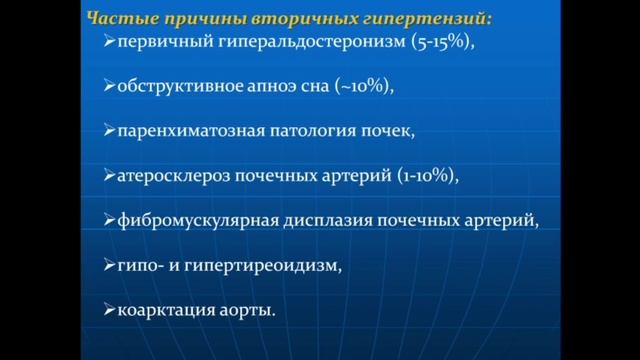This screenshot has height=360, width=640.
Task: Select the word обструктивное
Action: click(x=176, y=86)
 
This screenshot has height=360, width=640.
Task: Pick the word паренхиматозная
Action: click(x=184, y=131)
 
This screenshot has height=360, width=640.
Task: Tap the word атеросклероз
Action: click(x=170, y=176)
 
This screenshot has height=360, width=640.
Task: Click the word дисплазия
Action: click(x=314, y=221)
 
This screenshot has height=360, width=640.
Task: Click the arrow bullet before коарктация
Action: click(x=110, y=311)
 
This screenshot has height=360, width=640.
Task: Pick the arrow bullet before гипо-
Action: click(x=110, y=266)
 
